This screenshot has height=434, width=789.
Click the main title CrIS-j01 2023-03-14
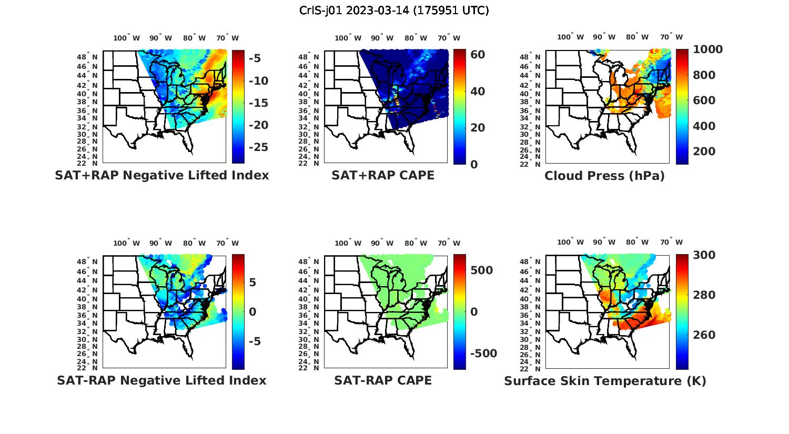394,11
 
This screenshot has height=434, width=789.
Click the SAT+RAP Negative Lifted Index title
161,176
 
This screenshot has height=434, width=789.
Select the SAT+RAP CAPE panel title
383,176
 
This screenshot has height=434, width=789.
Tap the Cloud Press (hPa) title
604,176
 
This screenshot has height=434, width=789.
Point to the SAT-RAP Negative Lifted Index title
161,380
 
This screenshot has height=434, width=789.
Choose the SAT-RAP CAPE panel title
383,380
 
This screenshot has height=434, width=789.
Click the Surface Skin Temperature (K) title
605,381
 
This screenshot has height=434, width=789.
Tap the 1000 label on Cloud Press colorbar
707,49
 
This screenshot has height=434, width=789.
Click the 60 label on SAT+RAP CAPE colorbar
478,55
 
